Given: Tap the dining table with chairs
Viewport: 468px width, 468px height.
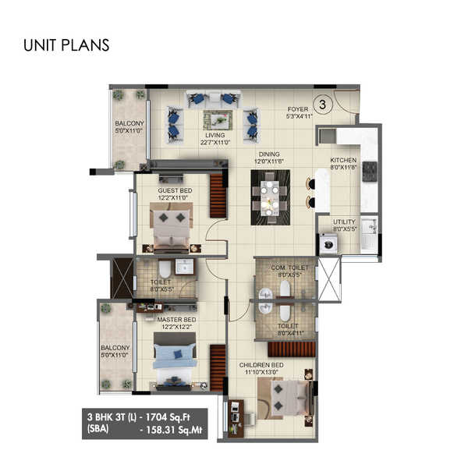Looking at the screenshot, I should (x=269, y=197).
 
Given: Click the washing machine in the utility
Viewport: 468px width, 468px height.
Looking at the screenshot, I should (x=328, y=241).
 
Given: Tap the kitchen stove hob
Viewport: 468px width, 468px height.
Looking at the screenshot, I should (x=369, y=170).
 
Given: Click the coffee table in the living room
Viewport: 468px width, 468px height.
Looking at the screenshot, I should (x=218, y=120).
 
